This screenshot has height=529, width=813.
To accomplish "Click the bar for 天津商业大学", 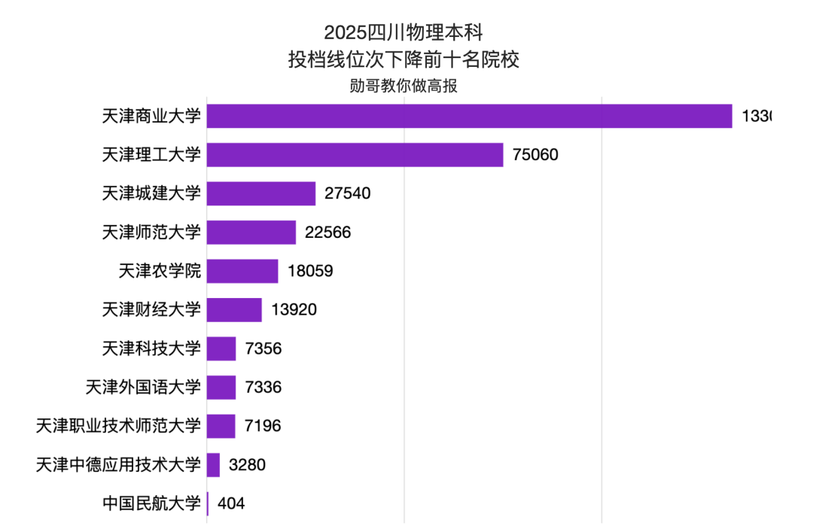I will coord(469,116).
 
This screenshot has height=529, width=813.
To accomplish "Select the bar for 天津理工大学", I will coord(355,155).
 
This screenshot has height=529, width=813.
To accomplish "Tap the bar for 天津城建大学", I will coord(261,193).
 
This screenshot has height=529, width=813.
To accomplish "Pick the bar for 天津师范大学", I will coord(251,233).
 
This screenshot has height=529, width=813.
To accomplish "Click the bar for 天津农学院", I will coord(242,271).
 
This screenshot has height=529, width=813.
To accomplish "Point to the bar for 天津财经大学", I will coord(234,310).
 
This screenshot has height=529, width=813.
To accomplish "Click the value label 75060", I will coord(535,155).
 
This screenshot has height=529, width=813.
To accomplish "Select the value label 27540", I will coord(348,193).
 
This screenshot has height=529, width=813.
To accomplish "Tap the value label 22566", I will coord(328,233).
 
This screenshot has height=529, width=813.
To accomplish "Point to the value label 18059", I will coord(310,271).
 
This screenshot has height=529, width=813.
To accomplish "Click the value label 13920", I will coord(294,310).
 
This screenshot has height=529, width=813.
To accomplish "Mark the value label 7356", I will coord(263,348).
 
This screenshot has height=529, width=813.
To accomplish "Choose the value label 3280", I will coord(247,465).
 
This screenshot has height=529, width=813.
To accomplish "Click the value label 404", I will coord(231,503).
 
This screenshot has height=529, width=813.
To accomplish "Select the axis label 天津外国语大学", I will coord(143,388).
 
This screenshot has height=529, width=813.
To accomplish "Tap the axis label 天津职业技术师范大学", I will coord(118,426).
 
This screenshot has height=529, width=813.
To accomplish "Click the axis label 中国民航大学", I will coord(151,503).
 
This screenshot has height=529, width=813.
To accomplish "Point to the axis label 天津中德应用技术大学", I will coord(118,465).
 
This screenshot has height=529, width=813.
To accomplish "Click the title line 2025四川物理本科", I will coord(403,33).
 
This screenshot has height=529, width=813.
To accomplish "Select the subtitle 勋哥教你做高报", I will coord(403,86).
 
